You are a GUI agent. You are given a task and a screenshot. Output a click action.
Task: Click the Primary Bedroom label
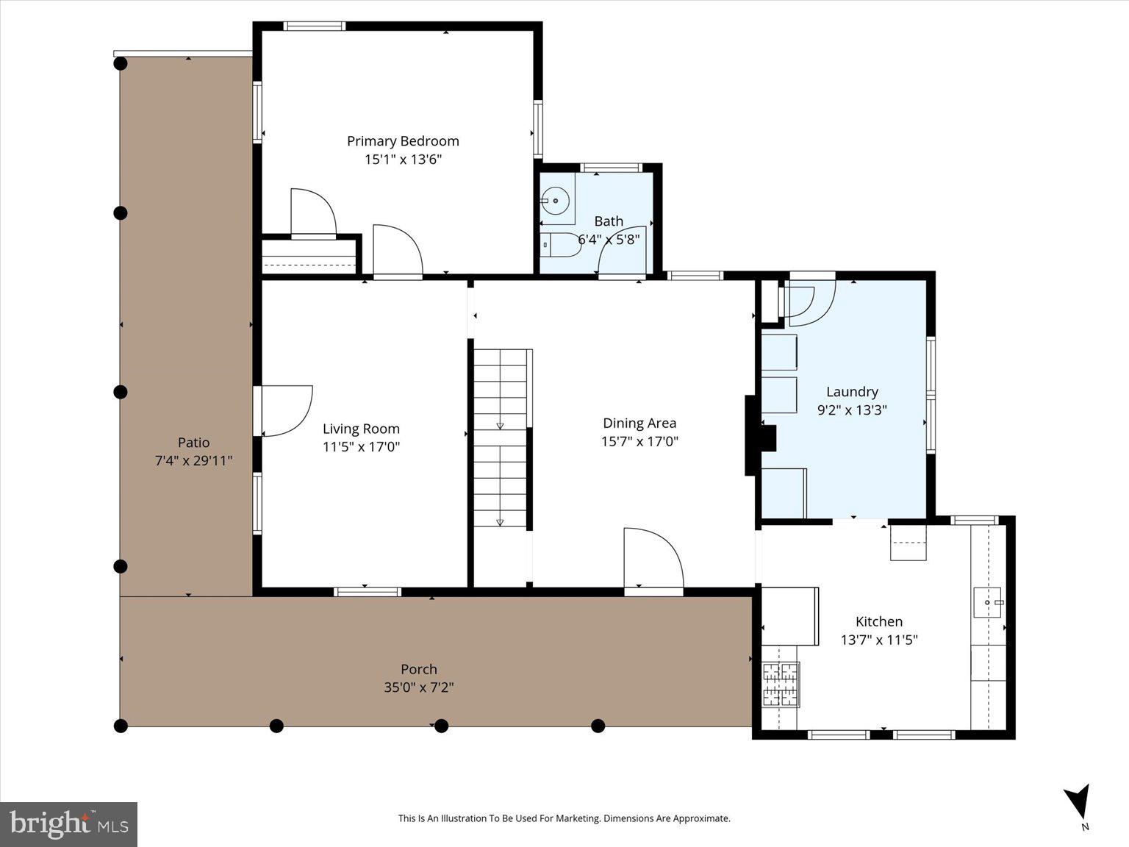click(403, 141)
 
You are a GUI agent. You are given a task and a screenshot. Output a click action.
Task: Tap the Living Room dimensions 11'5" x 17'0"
click(361, 447)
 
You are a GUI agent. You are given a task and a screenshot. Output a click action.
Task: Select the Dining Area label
click(639, 423)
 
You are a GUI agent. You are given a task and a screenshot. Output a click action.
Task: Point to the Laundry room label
click(852, 392)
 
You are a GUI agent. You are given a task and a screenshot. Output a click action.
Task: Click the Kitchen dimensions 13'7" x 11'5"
click(879, 640)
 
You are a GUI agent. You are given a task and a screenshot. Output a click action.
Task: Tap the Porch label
click(419, 669)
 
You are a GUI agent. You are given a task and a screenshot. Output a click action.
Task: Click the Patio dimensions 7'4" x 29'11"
click(193, 461)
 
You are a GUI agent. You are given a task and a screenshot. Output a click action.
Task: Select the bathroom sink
click(556, 199)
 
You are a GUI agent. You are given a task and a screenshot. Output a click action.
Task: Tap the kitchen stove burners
click(781, 684)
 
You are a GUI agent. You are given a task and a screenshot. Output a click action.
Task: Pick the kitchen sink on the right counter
click(988, 602)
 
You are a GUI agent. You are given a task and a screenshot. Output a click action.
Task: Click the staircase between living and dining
click(501, 437)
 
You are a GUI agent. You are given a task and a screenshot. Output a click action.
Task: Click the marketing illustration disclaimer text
click(564, 818)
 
